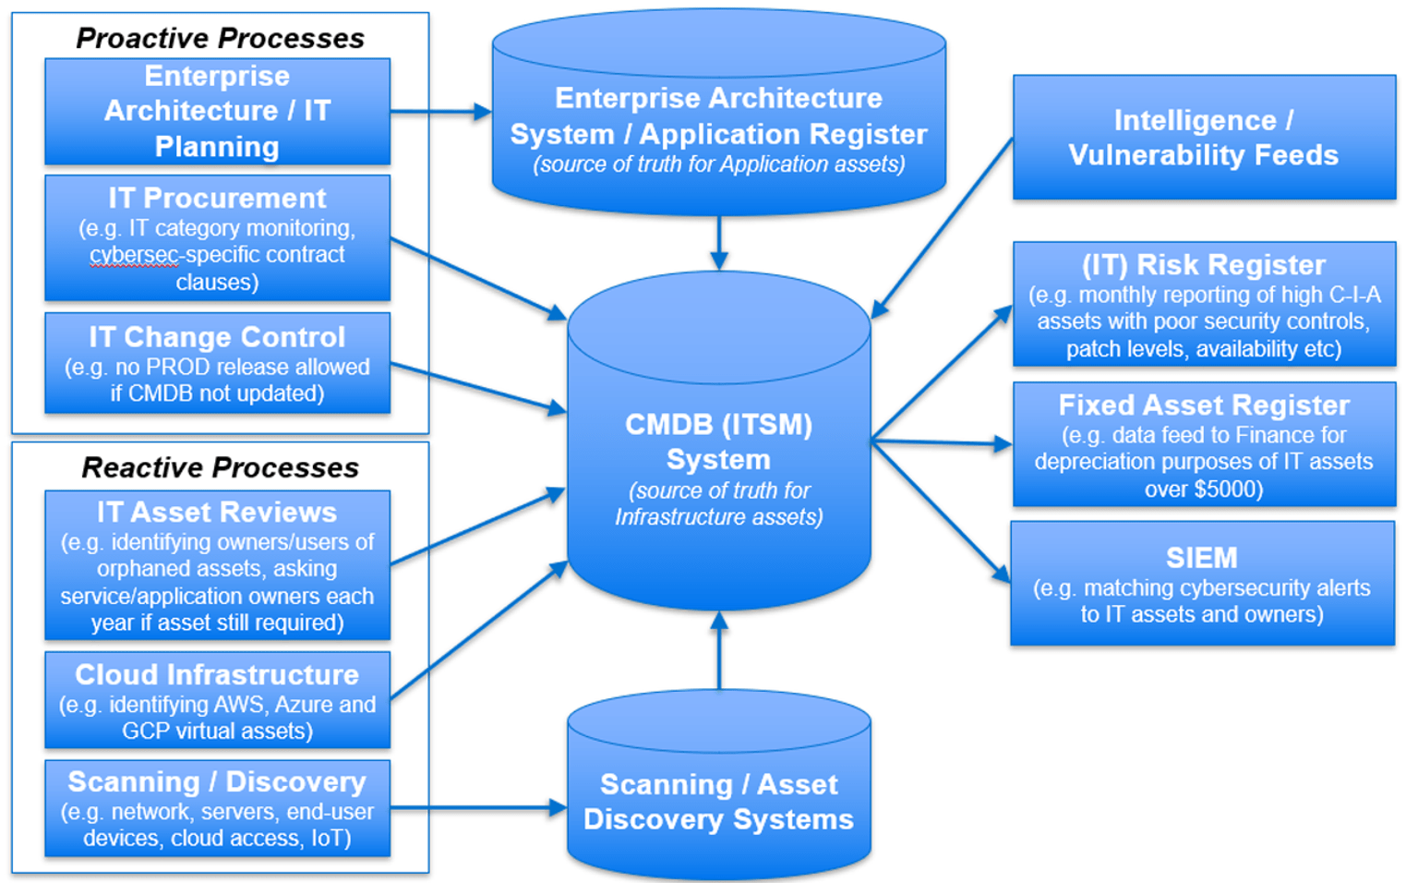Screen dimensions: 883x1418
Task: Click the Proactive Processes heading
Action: click(x=220, y=38)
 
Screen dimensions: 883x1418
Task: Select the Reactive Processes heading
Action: click(x=220, y=467)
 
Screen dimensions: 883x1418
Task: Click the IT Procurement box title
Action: click(x=217, y=198)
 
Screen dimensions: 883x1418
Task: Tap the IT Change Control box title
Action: click(x=217, y=337)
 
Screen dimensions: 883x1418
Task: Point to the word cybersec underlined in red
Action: click(x=133, y=255)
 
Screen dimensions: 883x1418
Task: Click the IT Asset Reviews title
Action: click(x=217, y=512)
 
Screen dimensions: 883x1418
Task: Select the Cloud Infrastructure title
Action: click(x=217, y=674)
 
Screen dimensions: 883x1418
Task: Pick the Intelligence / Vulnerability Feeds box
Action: click(x=1203, y=138)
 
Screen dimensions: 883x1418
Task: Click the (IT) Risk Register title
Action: click(x=1203, y=265)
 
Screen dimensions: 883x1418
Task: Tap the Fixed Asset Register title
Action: click(x=1203, y=405)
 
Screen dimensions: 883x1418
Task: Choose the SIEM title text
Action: click(x=1201, y=558)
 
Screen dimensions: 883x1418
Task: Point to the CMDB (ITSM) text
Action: click(x=718, y=424)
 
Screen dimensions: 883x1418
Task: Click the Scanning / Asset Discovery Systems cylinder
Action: click(x=718, y=801)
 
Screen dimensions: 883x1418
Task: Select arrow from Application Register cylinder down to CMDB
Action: click(x=719, y=243)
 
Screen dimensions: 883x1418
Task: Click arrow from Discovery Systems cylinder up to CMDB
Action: click(x=719, y=650)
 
